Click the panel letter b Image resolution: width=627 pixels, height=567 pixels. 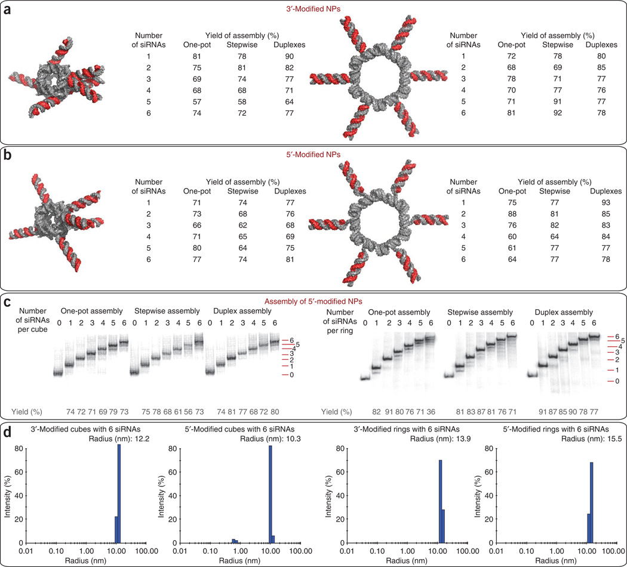pos(8,155)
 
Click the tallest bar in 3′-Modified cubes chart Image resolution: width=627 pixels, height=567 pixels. pos(119,493)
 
